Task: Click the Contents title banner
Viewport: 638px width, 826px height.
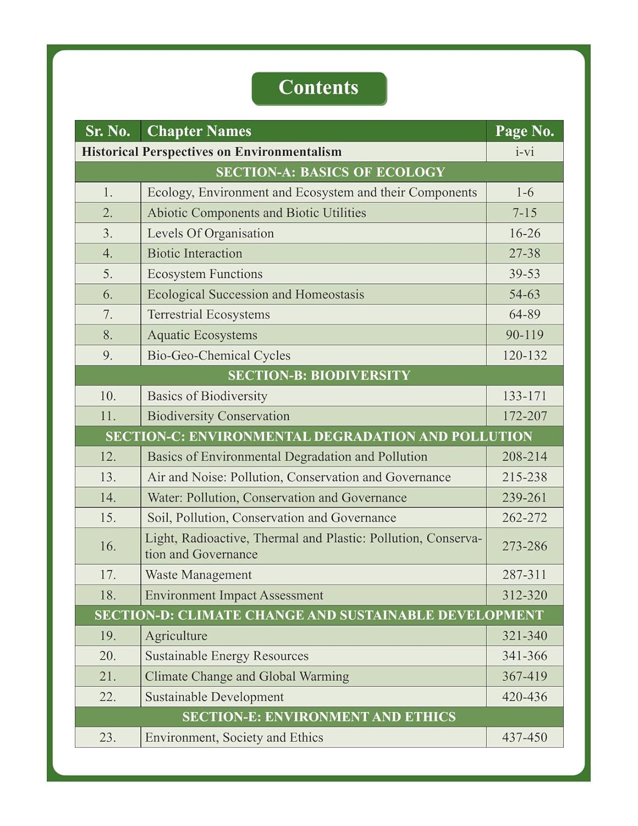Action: pos(319,88)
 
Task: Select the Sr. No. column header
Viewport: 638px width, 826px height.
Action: pos(108,131)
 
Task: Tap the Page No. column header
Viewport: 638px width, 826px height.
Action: pos(524,131)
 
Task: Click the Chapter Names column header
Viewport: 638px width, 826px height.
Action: pos(199,131)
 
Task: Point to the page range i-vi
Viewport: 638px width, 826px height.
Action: pos(524,151)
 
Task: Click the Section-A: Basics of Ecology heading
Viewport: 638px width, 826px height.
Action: pos(330,172)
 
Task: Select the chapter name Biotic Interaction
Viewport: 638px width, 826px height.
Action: pos(195,253)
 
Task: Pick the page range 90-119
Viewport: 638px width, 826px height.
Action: pos(524,335)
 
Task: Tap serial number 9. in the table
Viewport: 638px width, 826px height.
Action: pos(108,355)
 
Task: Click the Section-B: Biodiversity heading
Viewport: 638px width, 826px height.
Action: pos(319,375)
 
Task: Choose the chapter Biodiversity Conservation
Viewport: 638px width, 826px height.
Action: pos(219,416)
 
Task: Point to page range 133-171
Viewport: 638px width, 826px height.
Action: pos(524,396)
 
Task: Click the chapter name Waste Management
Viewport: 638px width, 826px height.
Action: pos(198,575)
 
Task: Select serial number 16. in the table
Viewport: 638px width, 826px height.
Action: pos(108,546)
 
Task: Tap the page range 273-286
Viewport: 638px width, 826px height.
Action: pos(524,546)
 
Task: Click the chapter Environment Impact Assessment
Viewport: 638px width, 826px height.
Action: pos(234,595)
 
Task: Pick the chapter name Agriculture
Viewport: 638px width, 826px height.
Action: pos(176,636)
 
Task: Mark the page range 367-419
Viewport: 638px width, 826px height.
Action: pos(524,676)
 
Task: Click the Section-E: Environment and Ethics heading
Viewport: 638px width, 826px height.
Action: pos(319,716)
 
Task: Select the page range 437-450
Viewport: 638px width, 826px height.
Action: pos(524,737)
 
